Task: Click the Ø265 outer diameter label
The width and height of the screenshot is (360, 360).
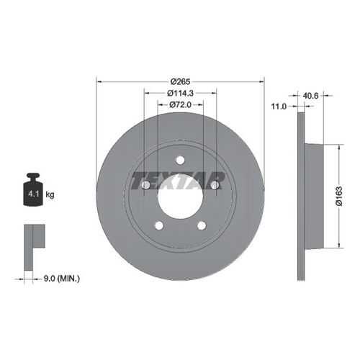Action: pyautogui.click(x=180, y=81)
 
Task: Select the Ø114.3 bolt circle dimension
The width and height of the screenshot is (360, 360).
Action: pyautogui.click(x=180, y=93)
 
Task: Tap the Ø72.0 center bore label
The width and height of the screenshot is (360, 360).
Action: pyautogui.click(x=180, y=104)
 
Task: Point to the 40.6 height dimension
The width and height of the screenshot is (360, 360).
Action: pyautogui.click(x=310, y=96)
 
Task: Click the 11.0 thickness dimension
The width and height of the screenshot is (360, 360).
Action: pyautogui.click(x=279, y=107)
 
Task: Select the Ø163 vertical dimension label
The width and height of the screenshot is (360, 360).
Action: pyautogui.click(x=339, y=196)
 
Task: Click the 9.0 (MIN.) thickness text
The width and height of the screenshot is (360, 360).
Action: pyautogui.click(x=62, y=279)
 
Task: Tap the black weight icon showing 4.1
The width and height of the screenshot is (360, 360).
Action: pyautogui.click(x=33, y=189)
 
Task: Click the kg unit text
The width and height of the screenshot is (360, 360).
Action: pyautogui.click(x=50, y=194)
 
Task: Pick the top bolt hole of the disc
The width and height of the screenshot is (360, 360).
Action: pyautogui.click(x=180, y=160)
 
